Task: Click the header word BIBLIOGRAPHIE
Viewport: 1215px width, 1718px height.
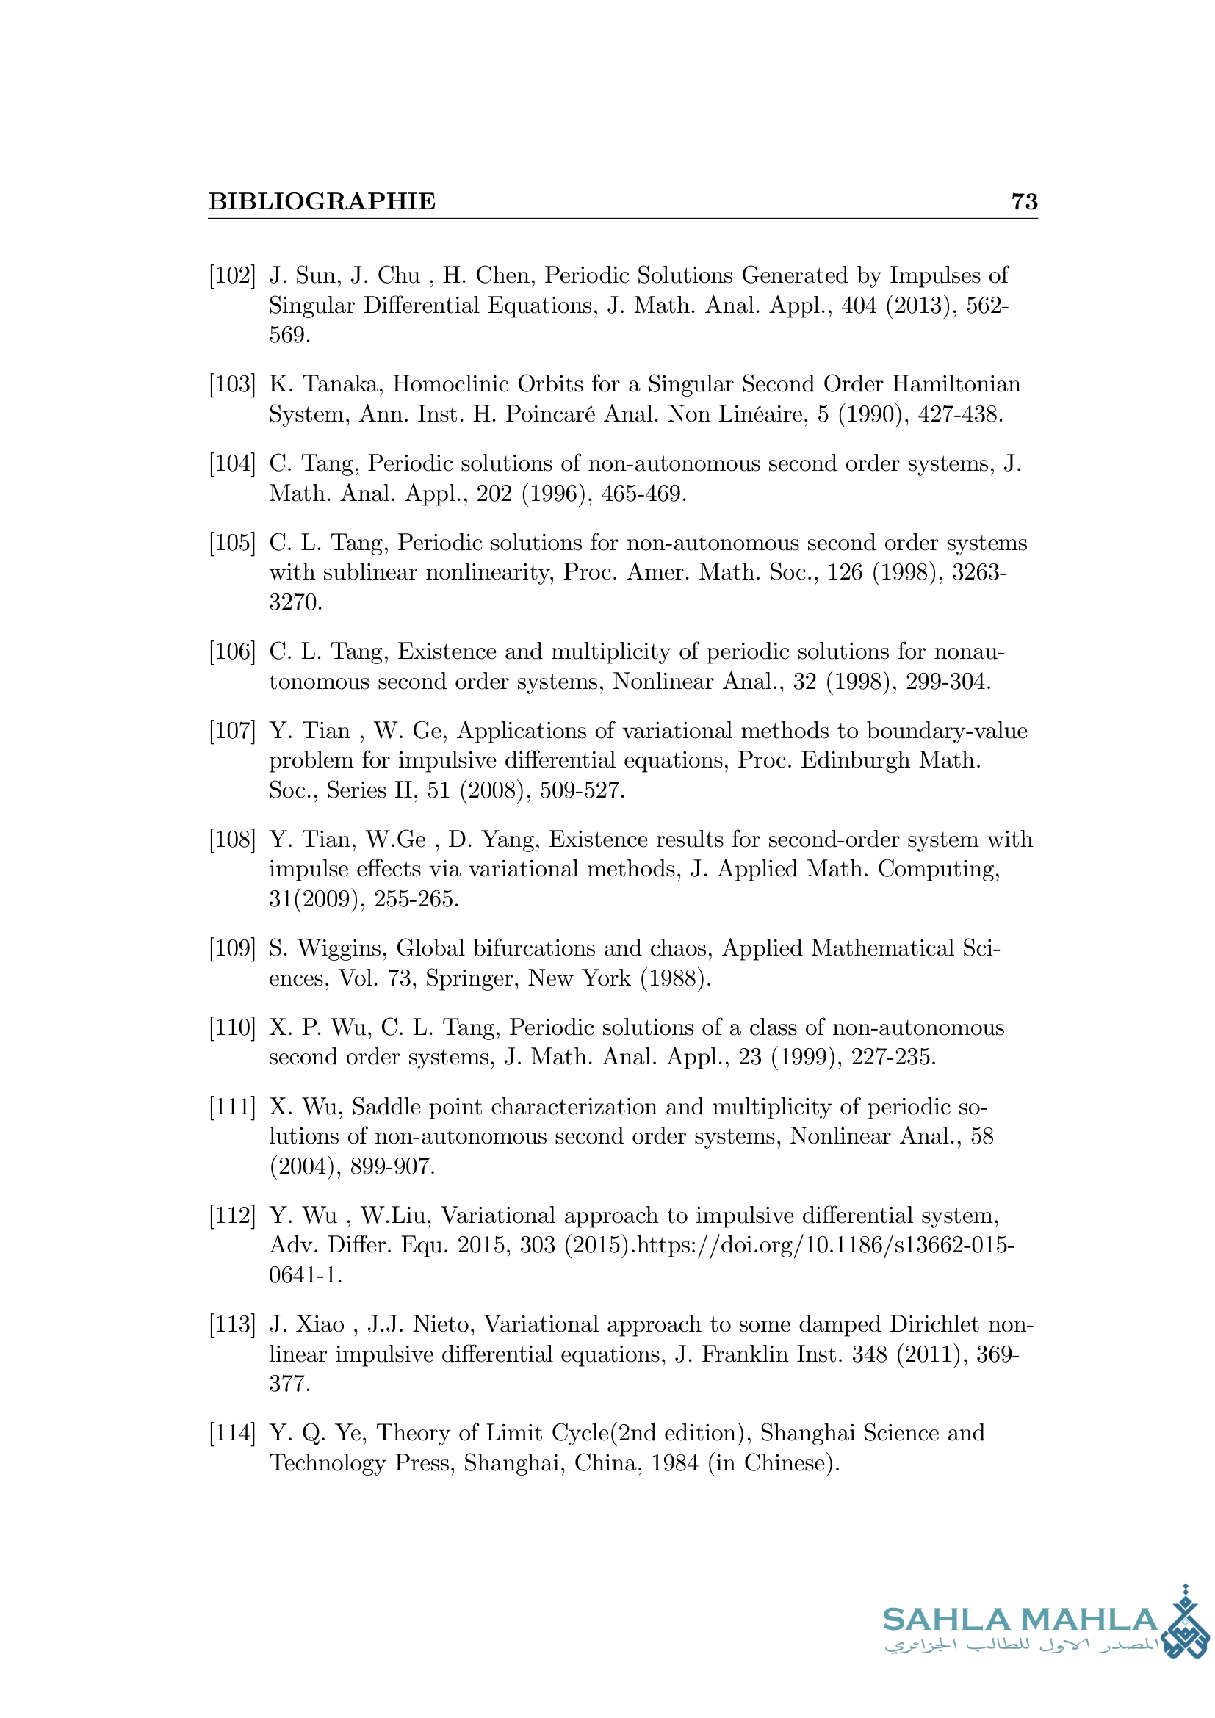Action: [322, 201]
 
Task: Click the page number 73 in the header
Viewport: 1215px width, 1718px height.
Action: [1024, 201]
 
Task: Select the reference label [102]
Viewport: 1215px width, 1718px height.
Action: [232, 275]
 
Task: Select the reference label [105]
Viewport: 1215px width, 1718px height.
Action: [232, 543]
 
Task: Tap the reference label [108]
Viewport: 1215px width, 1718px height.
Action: [232, 840]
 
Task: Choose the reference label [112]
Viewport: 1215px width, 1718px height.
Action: [232, 1215]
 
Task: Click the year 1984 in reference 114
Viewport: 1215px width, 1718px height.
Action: [676, 1463]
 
